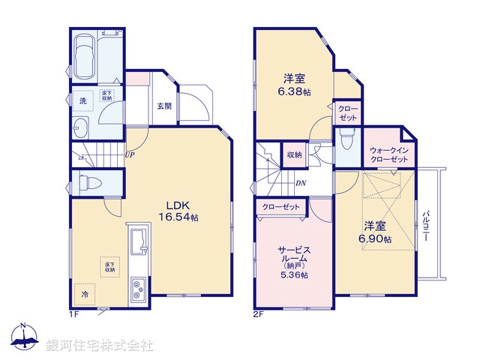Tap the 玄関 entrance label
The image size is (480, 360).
coord(164,106)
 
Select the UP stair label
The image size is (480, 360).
coord(130,155)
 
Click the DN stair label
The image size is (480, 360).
coord(300,183)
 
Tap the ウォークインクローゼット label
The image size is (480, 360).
coord(389,155)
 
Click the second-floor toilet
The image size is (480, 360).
coord(346,140)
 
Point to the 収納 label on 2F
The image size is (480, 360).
coord(294,154)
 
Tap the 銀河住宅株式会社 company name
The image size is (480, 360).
coord(100,346)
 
